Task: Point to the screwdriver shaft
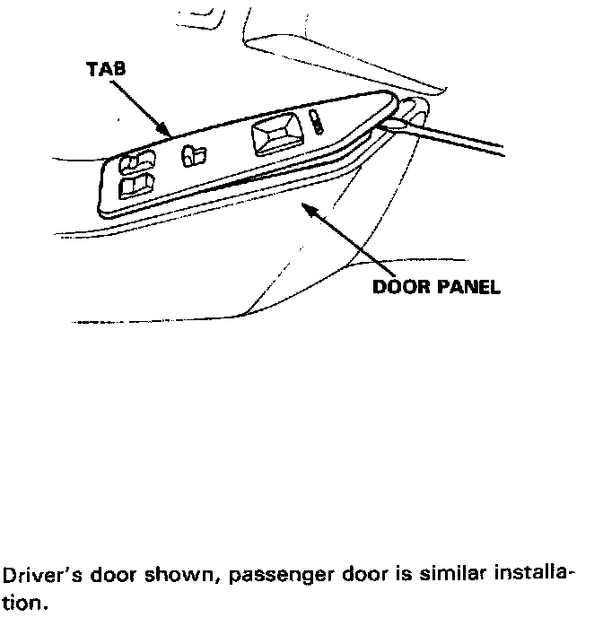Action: [485, 143]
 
